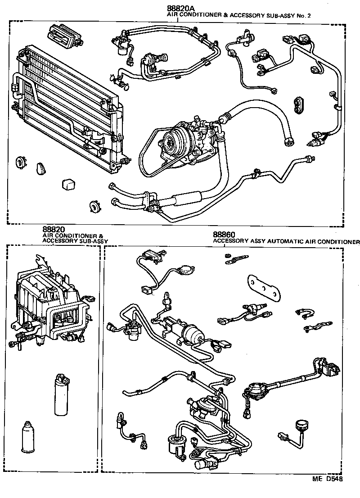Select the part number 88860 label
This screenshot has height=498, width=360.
[224, 235]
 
